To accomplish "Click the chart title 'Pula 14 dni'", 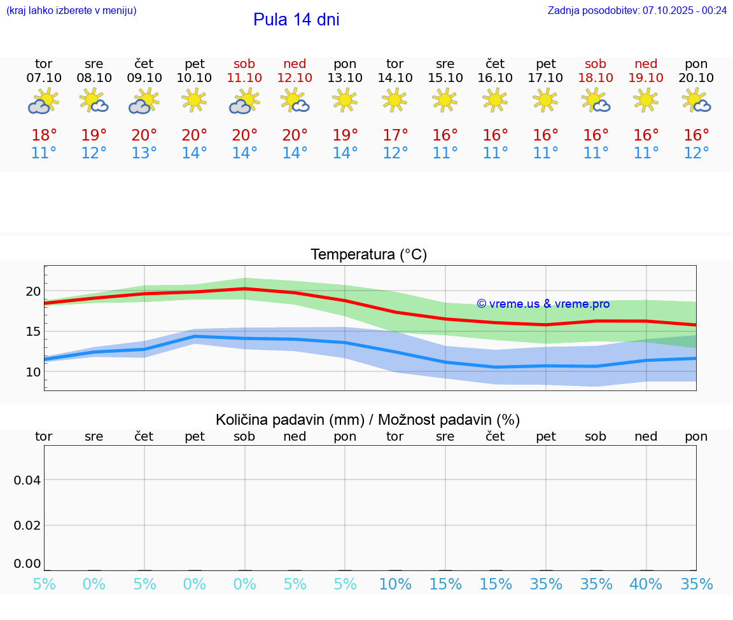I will (296, 20).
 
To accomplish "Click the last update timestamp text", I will (636, 10).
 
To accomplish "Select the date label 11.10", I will (244, 78).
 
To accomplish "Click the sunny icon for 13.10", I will (345, 100).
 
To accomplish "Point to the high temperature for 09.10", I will (144, 135).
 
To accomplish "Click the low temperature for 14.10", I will (395, 153).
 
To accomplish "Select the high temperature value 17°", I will (395, 135).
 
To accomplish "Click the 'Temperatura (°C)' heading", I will (368, 255).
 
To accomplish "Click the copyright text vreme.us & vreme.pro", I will (543, 304).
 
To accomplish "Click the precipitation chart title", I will (368, 420).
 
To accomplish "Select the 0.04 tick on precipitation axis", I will (28, 480).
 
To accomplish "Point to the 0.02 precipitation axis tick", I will (28, 525).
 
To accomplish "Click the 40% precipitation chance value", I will (646, 584).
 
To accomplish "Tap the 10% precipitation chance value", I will (395, 584).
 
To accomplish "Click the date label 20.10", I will (696, 78).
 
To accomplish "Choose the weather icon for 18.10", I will (596, 101).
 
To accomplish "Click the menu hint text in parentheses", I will (71, 10).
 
